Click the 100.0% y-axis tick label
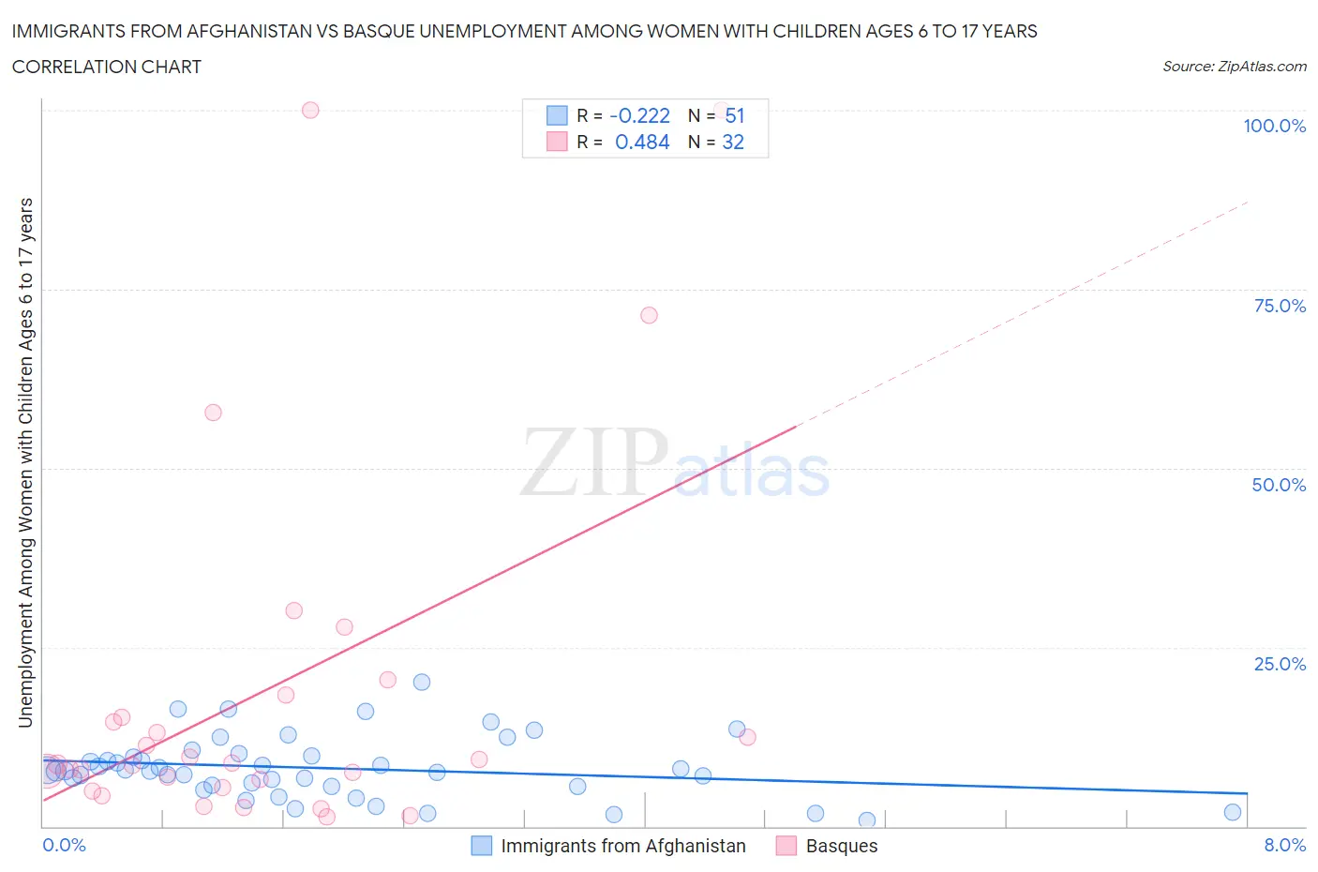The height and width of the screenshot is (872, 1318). coord(1274,126)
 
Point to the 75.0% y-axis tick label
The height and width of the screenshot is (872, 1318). coord(1280,306)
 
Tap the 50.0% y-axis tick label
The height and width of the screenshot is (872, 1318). coord(1279,485)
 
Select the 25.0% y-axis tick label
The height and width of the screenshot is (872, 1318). coord(1280,664)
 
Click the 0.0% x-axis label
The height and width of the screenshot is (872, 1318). coord(64,845)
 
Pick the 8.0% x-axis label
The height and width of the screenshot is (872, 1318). coord(1284,845)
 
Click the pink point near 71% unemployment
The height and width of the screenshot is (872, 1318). coord(649,315)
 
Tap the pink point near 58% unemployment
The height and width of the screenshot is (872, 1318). coord(213,413)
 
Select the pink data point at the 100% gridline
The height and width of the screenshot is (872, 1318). coord(310,110)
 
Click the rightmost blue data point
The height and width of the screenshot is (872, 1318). coord(1233,812)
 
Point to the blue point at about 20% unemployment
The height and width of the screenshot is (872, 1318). coord(422,682)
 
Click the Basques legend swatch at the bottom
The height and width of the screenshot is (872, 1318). coord(786,846)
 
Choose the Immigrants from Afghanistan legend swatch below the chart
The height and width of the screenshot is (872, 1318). coord(481,846)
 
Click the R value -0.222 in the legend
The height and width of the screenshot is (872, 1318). coord(639,115)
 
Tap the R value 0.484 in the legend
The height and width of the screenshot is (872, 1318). coord(642,142)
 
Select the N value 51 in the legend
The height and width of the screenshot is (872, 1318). coord(735,115)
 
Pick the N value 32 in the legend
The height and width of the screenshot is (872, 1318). coord(733,142)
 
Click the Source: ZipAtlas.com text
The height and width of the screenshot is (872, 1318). coord(1234,66)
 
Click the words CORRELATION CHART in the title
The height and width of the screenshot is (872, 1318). coord(107,67)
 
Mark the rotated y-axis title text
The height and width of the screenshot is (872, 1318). coord(25,462)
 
